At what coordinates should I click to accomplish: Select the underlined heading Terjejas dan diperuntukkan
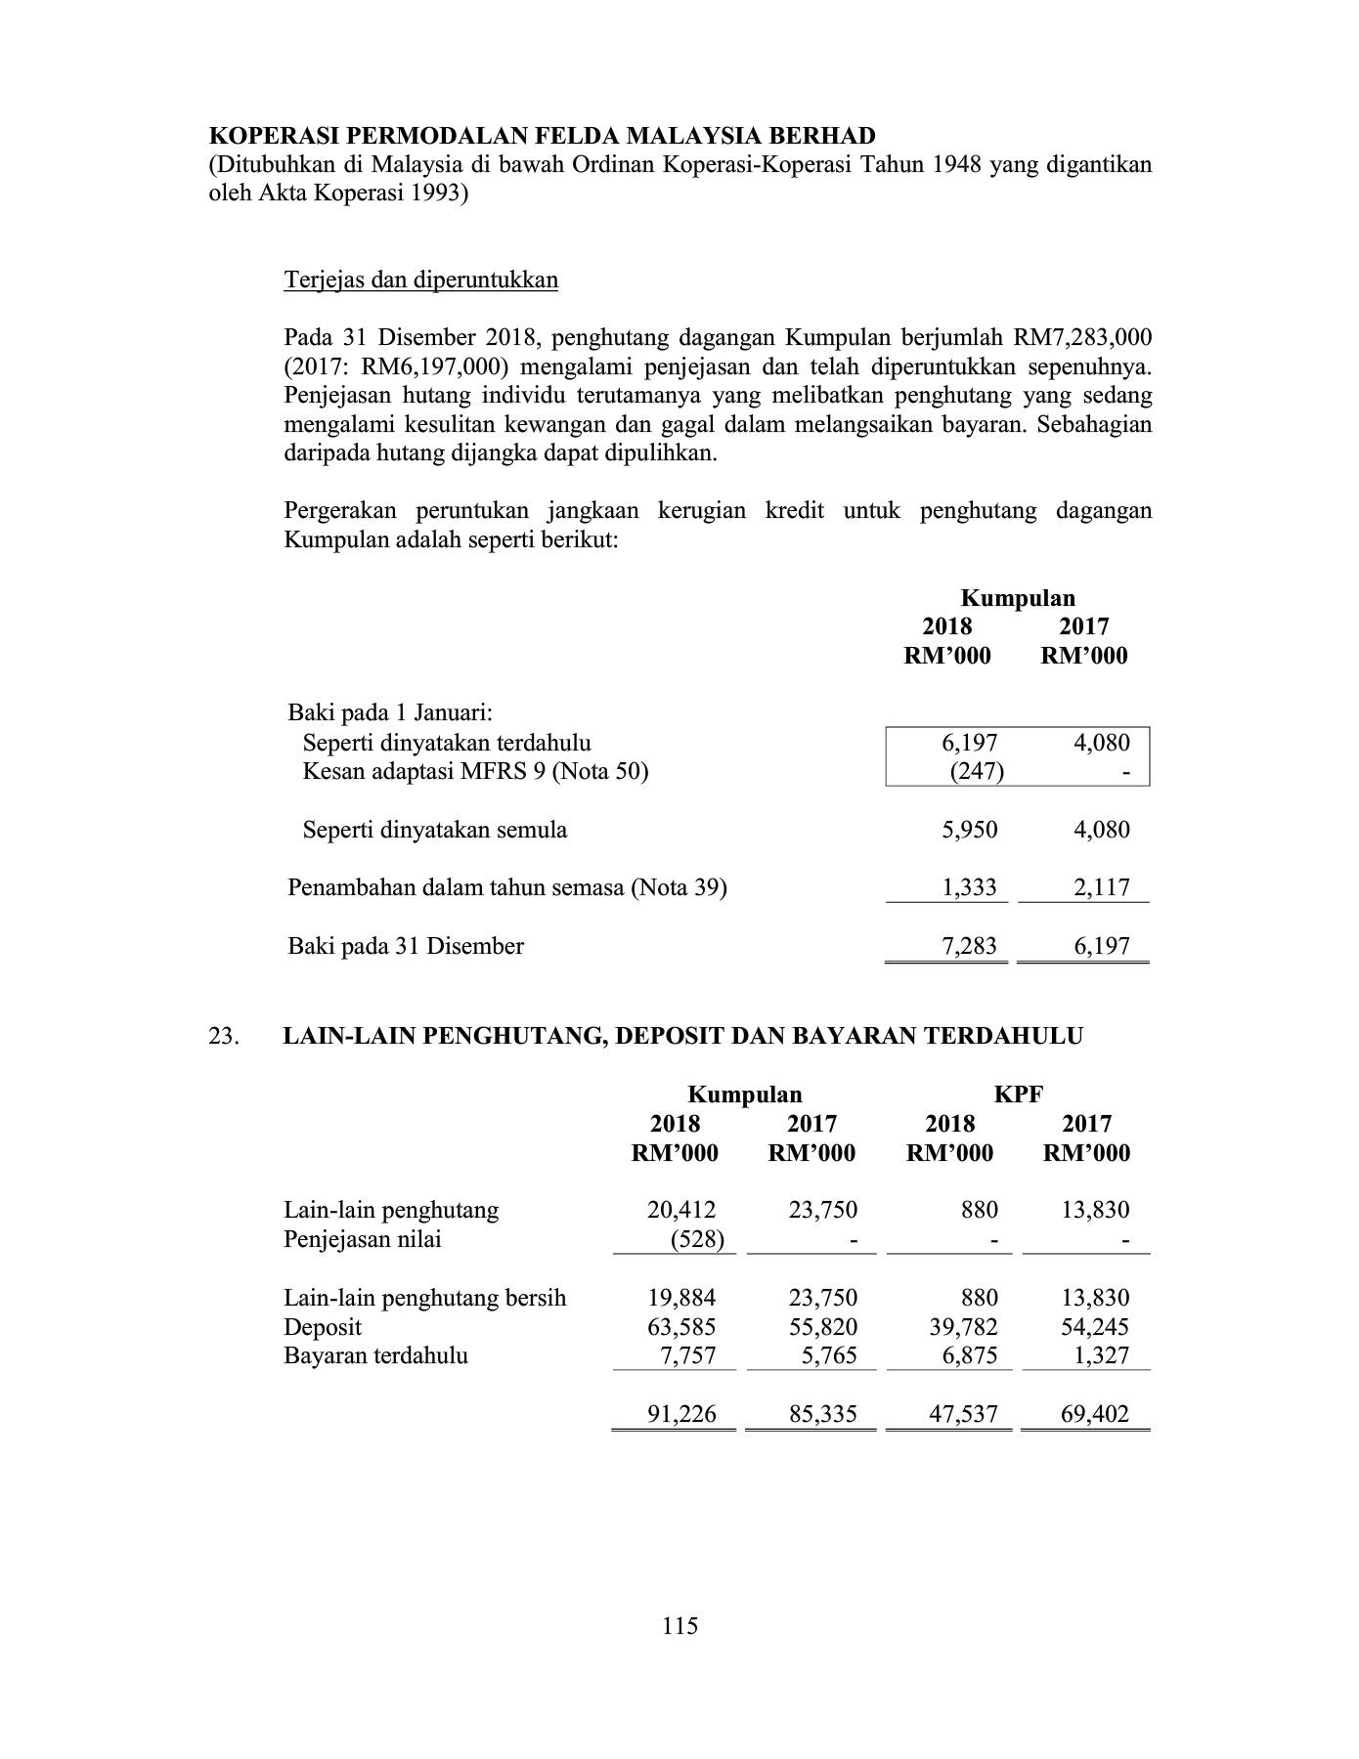point(420,280)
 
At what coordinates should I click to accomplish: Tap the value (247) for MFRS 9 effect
point(977,772)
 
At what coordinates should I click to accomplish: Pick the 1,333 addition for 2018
point(969,888)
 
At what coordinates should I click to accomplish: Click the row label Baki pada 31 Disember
point(406,946)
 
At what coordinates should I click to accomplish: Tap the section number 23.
point(224,1037)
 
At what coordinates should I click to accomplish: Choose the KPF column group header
point(1018,1095)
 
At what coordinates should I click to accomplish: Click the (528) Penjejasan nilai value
point(690,1240)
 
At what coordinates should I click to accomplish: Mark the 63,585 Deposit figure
point(681,1327)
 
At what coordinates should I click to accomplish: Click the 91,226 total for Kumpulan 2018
point(681,1414)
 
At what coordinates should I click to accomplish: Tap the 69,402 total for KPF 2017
point(1094,1414)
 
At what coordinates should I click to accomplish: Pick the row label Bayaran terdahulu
point(375,1356)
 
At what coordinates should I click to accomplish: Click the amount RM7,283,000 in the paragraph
point(1082,338)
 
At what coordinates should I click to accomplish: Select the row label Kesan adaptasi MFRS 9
point(475,772)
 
